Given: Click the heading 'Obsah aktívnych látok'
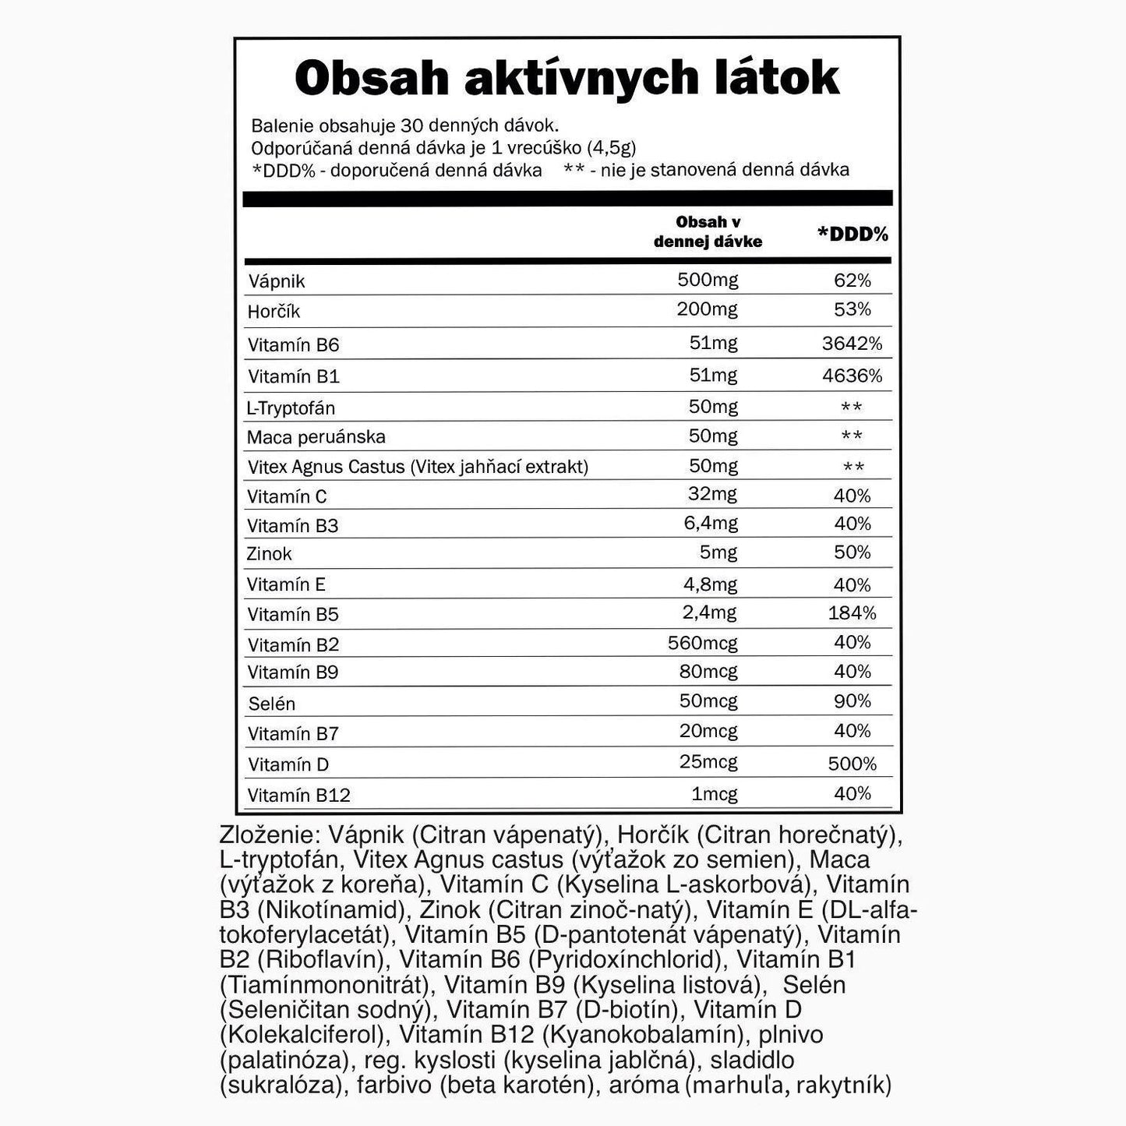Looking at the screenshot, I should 567,78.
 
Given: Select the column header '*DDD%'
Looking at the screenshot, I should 852,234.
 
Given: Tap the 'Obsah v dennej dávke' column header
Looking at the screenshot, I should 708,232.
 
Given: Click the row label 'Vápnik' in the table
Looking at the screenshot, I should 277,281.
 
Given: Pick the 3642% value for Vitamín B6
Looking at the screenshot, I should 852,344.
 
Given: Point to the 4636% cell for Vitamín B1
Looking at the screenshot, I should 852,376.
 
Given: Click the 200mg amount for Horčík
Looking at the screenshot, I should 708,310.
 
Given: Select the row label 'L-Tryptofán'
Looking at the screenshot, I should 291,408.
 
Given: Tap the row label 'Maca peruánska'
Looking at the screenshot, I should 316,436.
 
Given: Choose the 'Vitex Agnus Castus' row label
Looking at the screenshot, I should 417,467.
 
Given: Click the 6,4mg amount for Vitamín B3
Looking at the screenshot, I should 711,524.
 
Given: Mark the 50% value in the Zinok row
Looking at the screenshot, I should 852,552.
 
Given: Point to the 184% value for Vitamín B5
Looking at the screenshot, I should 852,613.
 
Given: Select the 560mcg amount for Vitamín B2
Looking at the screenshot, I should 702,644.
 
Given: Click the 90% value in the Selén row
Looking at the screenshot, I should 852,701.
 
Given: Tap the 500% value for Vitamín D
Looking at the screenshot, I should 852,764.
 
